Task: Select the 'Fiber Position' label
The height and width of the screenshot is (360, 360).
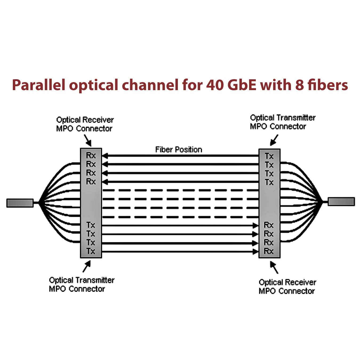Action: [x=178, y=150]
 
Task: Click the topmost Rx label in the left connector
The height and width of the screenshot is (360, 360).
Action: [x=91, y=155]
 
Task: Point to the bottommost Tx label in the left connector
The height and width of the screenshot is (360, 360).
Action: [x=91, y=251]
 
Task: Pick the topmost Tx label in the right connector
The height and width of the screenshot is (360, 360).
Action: [x=269, y=156]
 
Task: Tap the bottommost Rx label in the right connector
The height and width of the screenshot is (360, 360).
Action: [x=269, y=251]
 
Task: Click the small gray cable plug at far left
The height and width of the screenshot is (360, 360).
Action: [x=20, y=203]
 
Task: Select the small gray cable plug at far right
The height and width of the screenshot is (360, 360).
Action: [x=341, y=201]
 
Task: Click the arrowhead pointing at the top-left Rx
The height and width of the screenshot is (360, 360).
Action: [x=105, y=156]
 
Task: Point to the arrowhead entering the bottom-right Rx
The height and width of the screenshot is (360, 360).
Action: [x=256, y=251]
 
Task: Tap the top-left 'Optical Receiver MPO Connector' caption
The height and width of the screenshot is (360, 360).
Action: [x=85, y=124]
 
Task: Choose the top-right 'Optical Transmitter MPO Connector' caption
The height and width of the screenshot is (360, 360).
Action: [x=282, y=122]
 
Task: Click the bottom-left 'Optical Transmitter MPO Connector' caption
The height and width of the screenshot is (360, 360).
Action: [x=82, y=285]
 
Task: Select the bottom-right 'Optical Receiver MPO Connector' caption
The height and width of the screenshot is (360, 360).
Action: [x=287, y=287]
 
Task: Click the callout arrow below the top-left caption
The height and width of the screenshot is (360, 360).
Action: [x=88, y=140]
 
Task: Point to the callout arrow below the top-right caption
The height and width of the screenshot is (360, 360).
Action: [x=274, y=140]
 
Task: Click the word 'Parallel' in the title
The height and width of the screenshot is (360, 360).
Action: [x=38, y=85]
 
